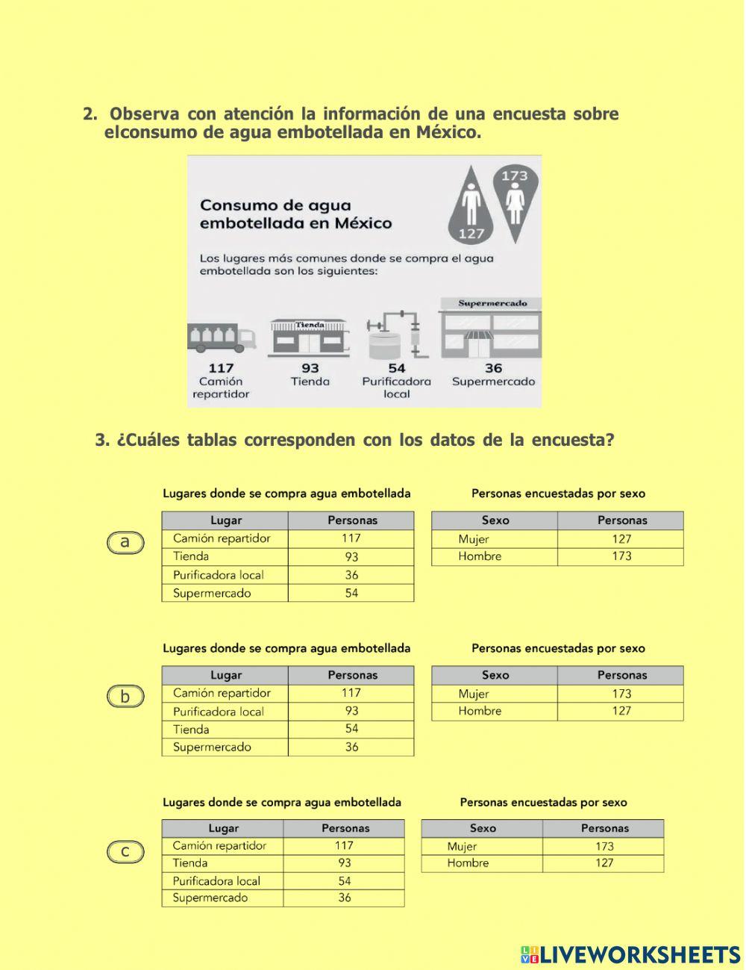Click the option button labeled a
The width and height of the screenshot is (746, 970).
[x=125, y=542]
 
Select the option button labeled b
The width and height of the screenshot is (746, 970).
[x=125, y=697]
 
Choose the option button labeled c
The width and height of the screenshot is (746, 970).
[x=125, y=851]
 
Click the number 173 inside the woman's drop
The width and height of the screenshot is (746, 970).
[x=515, y=176]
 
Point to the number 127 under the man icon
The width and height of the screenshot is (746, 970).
[x=471, y=233]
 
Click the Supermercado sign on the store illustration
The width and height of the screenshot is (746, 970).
[x=492, y=303]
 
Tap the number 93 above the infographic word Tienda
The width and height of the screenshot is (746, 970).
[x=310, y=368]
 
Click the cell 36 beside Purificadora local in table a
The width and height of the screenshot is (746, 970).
[x=351, y=575]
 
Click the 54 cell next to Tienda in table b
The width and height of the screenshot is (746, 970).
[x=351, y=729]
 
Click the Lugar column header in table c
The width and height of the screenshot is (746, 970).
[x=223, y=828]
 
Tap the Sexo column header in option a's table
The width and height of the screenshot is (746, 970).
[x=495, y=520]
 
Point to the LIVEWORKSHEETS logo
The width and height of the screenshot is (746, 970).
[x=630, y=954]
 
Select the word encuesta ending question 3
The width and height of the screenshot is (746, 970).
[x=572, y=440]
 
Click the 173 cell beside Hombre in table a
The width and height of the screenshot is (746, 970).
[x=621, y=556]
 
